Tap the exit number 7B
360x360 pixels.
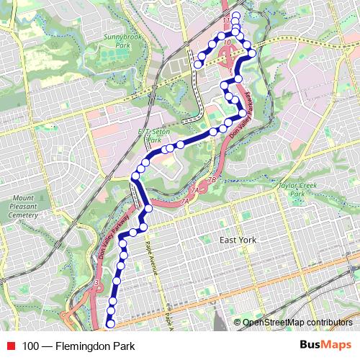[x=212, y=179]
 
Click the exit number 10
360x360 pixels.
[x=228, y=43]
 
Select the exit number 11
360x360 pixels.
[x=225, y=21]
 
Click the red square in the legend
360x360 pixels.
[x=9, y=346]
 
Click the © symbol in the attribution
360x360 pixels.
[x=238, y=322]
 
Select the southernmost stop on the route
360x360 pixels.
[x=110, y=324]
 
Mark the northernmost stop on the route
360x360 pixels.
[x=235, y=14]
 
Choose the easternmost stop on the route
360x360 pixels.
[x=252, y=53]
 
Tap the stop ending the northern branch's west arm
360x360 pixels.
[x=197, y=65]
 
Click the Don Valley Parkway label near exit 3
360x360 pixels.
[x=112, y=238]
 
